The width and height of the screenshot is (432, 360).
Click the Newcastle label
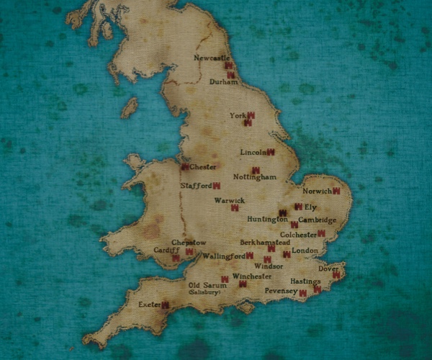coord(212,58)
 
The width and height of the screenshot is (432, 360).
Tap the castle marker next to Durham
coord(231,75)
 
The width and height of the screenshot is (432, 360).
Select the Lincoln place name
coord(253,153)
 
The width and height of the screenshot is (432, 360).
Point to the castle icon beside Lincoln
coord(271,152)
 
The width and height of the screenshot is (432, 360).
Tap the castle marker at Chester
coord(186,167)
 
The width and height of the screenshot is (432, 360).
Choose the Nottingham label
coord(255,177)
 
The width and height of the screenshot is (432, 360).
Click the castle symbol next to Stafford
coord(216,186)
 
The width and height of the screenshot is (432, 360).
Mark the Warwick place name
coord(230,200)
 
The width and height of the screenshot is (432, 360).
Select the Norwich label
coord(317,192)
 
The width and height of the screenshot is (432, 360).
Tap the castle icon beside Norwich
coord(336,191)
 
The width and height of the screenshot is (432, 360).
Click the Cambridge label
coord(318,220)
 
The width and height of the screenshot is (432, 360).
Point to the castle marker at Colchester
coord(321,233)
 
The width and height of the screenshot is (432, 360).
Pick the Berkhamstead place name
coord(265,243)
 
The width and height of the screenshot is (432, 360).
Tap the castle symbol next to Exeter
coord(165,305)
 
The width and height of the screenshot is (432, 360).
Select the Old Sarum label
coord(202,285)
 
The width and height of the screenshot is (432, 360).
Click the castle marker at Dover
coord(336,274)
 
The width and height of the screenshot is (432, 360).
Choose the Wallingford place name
coord(223,256)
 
